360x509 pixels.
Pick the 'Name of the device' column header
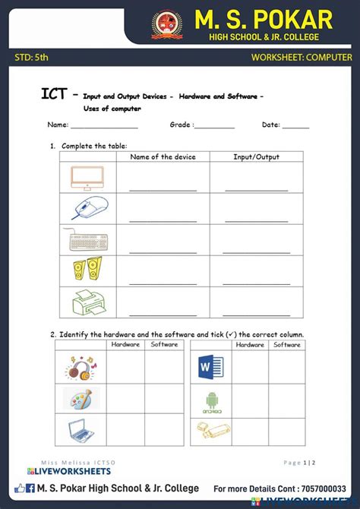point(163,157)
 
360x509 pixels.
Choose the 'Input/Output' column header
point(256,157)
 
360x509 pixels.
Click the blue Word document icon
point(207,369)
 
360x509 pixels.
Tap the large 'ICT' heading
point(57,94)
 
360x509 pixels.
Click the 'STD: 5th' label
point(31,57)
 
